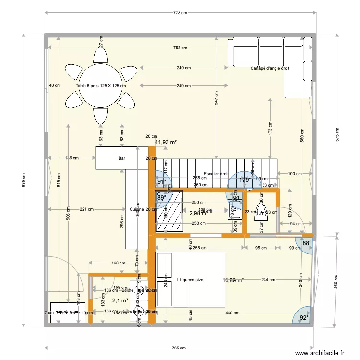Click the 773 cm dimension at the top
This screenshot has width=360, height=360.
[x=180, y=13]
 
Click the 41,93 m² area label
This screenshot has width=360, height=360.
[x=166, y=143]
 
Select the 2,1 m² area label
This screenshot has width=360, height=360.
[x=120, y=300]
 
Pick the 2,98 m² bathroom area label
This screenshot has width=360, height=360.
[x=198, y=213]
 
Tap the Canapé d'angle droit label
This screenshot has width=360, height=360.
[x=270, y=68]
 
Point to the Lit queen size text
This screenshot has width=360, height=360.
[x=190, y=279]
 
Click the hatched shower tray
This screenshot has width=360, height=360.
[x=169, y=211]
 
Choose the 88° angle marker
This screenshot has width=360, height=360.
[x=307, y=243]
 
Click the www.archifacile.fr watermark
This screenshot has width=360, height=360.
[x=320, y=353]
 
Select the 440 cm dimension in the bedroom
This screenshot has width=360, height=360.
[x=232, y=313]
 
